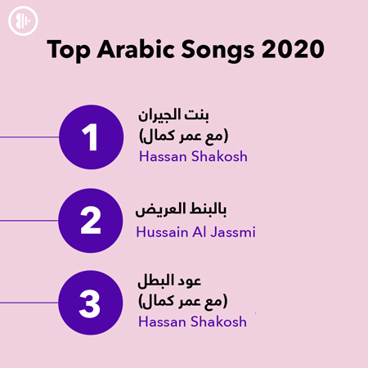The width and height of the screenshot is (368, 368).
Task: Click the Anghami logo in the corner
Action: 23,20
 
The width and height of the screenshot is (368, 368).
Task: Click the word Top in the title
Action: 68,50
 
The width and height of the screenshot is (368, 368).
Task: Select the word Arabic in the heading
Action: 136,48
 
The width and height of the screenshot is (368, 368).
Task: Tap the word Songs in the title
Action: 218,51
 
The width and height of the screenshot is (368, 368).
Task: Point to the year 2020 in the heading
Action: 293,49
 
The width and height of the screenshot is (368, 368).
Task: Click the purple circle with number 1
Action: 91,137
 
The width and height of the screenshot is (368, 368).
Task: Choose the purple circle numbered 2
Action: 91,221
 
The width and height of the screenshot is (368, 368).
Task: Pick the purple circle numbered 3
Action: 91,303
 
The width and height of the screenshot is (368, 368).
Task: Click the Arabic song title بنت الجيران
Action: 173,115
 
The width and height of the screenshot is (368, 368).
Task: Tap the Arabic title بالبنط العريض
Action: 181,210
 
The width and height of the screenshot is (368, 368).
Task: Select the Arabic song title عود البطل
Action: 169,280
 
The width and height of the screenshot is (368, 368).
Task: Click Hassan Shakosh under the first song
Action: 193,156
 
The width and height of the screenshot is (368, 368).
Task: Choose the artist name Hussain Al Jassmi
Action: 195,232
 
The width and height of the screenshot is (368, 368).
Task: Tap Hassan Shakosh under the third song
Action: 192,321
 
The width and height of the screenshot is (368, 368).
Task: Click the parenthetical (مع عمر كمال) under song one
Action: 183,136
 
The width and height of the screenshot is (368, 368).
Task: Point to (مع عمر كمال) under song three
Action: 183,301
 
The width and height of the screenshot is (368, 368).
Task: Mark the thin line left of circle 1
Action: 29,137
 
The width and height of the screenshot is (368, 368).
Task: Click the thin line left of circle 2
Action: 29,221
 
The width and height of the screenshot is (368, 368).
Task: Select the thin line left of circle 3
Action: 29,303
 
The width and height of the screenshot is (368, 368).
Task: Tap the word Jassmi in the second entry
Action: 233,232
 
